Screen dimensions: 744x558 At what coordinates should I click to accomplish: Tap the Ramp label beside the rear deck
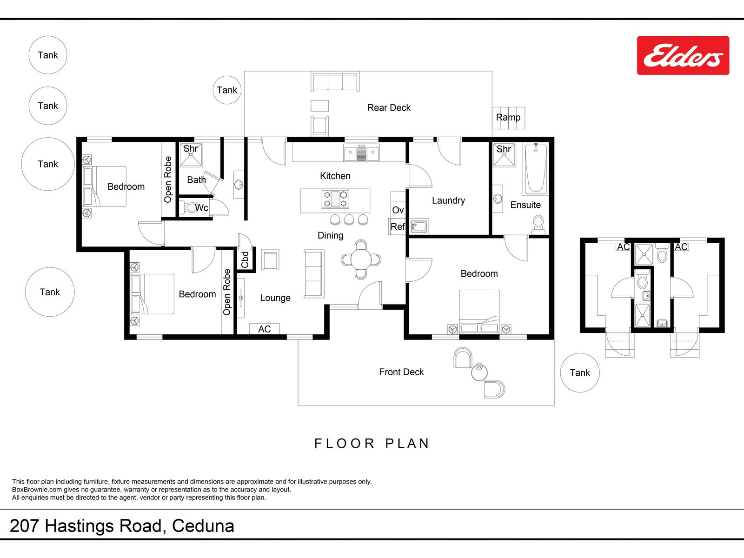point(508,117)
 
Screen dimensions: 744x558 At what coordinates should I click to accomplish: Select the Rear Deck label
point(389,107)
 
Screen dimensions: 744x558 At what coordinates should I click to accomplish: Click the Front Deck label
point(401,372)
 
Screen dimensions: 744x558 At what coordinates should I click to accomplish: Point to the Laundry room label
point(448,200)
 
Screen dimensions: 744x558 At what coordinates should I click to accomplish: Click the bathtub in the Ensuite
point(536,169)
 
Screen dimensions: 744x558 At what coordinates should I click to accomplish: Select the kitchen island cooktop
point(335,199)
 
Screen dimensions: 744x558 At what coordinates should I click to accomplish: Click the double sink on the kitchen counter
point(361,153)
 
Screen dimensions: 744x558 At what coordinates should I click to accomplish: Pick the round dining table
point(361,260)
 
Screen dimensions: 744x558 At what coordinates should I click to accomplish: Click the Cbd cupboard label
point(245,259)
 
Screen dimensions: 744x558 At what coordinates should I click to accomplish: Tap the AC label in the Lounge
point(265,329)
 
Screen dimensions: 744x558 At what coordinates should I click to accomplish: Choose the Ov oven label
point(398,210)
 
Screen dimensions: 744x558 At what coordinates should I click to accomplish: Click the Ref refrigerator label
point(398,226)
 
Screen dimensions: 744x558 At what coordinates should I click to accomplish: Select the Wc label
point(202,208)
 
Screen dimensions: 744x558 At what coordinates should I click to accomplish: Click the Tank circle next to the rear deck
point(227,90)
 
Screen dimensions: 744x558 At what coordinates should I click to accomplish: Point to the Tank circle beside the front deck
point(579,372)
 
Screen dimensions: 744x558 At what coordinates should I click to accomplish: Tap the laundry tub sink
point(419,226)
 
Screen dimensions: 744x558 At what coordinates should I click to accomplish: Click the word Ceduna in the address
point(203,526)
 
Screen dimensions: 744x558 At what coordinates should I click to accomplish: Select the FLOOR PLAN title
point(372,443)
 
